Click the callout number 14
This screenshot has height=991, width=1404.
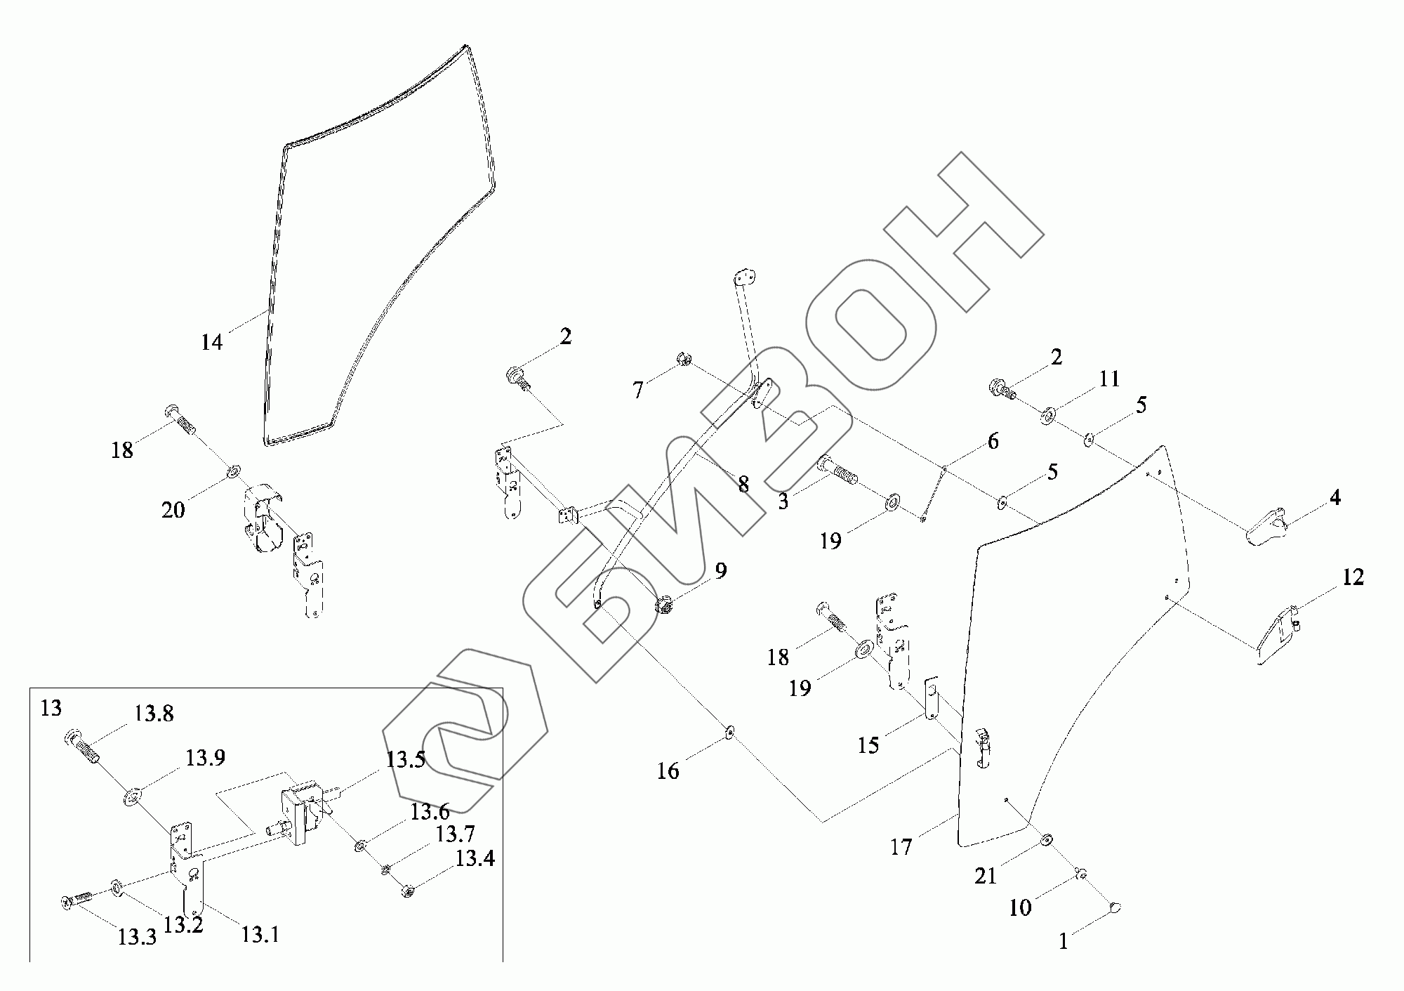coord(211,343)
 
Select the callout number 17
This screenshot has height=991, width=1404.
coord(901,848)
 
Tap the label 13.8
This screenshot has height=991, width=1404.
coord(154,714)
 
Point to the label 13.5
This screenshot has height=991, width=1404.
coord(405,761)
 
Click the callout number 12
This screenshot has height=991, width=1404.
coord(1353,577)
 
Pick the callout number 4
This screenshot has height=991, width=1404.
coord(1335,497)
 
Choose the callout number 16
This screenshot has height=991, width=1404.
coord(668,771)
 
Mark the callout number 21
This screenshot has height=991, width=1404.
coord(986,876)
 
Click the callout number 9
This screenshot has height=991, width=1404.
coord(721,571)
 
